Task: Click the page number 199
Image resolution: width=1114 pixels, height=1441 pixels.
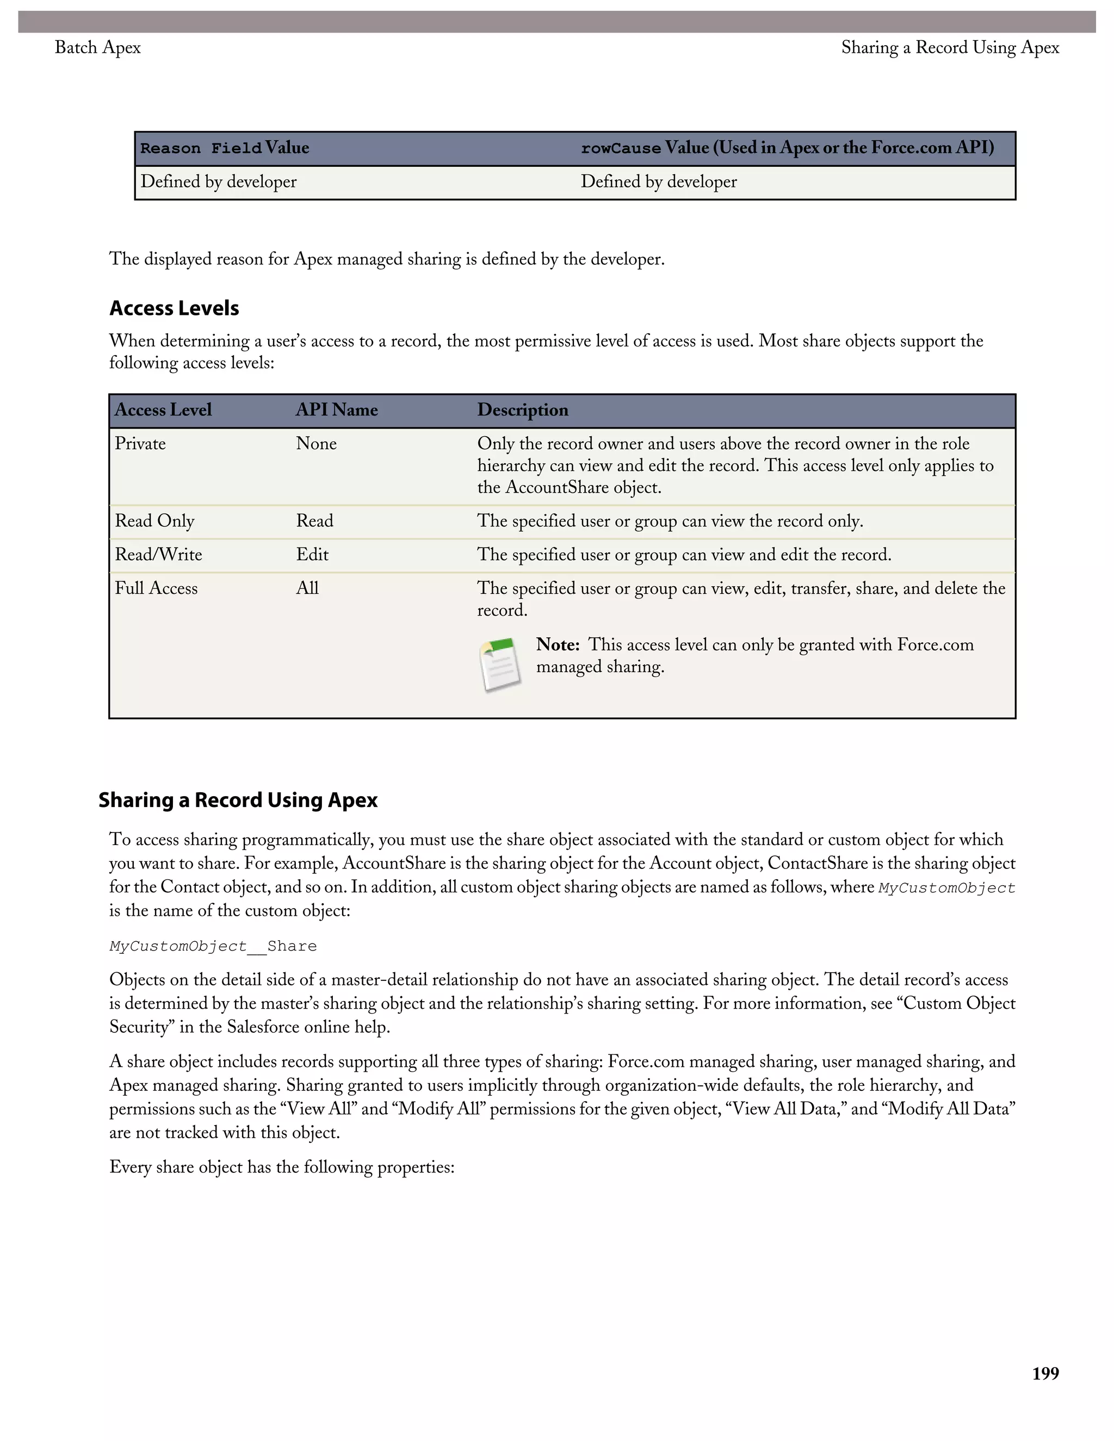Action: pyautogui.click(x=1045, y=1374)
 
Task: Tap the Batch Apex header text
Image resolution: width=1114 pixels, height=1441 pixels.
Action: pyautogui.click(x=98, y=47)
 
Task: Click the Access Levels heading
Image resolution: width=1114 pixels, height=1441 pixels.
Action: pyautogui.click(x=174, y=308)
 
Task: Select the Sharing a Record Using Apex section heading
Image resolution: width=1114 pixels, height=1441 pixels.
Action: pyautogui.click(x=238, y=800)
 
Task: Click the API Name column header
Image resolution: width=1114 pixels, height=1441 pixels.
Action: pyautogui.click(x=337, y=410)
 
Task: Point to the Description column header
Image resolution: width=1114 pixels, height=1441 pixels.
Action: pyautogui.click(x=523, y=410)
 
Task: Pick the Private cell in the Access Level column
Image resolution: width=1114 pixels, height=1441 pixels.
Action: pyautogui.click(x=140, y=443)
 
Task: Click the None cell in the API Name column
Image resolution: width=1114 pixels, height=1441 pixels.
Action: pyautogui.click(x=316, y=443)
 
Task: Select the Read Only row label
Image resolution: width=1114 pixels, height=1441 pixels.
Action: pyautogui.click(x=154, y=520)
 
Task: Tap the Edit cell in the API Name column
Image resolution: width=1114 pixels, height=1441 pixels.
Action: pyautogui.click(x=312, y=554)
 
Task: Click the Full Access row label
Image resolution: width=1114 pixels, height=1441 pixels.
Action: pyautogui.click(x=157, y=588)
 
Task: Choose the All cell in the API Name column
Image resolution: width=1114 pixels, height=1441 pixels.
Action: pyautogui.click(x=307, y=588)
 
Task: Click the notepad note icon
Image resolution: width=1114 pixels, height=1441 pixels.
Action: pyautogui.click(x=499, y=665)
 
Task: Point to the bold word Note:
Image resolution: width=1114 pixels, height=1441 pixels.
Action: pyautogui.click(x=558, y=644)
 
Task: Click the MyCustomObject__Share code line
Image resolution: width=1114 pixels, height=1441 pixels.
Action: pyautogui.click(x=213, y=946)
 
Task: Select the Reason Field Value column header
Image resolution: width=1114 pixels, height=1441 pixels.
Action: pyautogui.click(x=225, y=148)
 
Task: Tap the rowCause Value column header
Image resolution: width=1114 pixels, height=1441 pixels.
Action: pyautogui.click(x=787, y=148)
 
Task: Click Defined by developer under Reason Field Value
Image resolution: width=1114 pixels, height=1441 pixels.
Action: pyautogui.click(x=219, y=182)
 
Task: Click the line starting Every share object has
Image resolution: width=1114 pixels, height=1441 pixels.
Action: pyautogui.click(x=282, y=1166)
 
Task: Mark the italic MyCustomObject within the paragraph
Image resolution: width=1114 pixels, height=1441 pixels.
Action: pyautogui.click(x=946, y=888)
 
